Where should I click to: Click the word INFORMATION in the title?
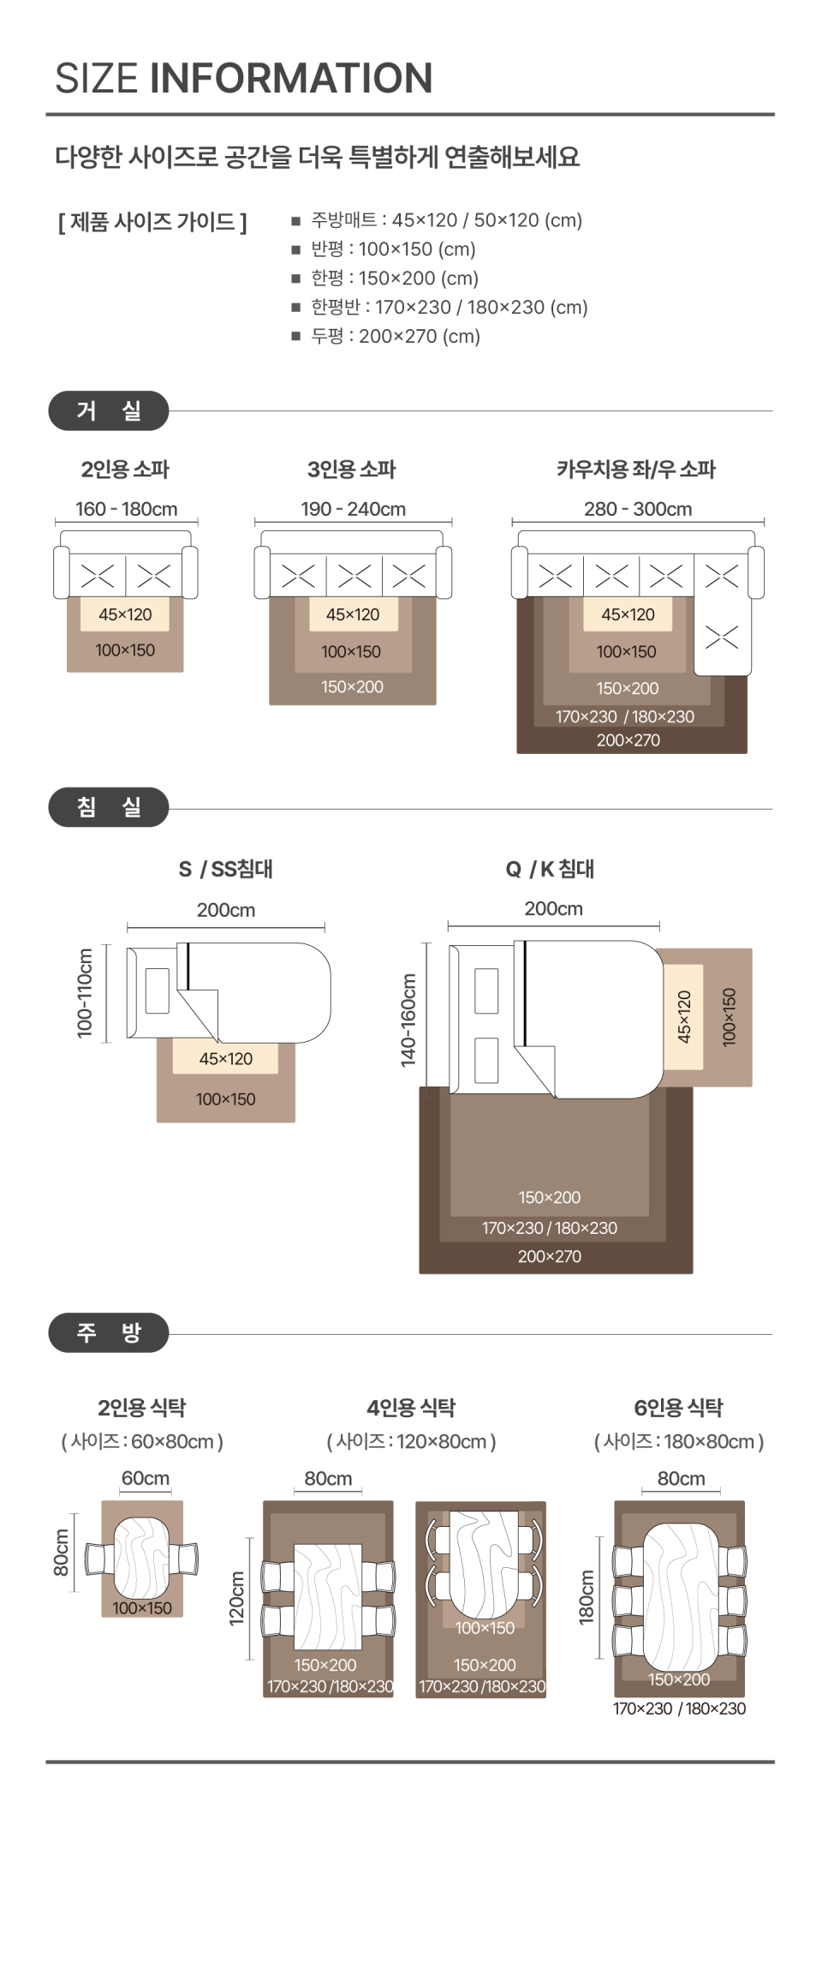(291, 78)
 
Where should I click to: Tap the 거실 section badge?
(109, 411)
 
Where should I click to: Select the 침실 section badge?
(109, 807)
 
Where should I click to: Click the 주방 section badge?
(109, 1332)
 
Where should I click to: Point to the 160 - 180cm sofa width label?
(127, 509)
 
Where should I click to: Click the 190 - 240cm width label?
(353, 509)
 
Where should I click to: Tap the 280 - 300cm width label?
(638, 509)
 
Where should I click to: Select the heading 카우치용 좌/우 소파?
(636, 470)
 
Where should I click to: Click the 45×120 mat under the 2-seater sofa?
(125, 614)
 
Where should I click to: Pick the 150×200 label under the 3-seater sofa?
(352, 687)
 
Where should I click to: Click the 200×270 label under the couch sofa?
(628, 740)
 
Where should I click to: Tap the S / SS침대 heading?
(226, 869)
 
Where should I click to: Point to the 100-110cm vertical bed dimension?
(85, 993)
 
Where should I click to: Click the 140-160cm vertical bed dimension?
(408, 1020)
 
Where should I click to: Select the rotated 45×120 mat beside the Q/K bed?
(683, 1017)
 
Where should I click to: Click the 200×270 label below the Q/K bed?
(550, 1257)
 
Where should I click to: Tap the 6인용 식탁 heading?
(678, 1408)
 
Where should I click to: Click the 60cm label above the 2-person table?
(146, 1478)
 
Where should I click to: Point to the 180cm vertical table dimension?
(587, 1597)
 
